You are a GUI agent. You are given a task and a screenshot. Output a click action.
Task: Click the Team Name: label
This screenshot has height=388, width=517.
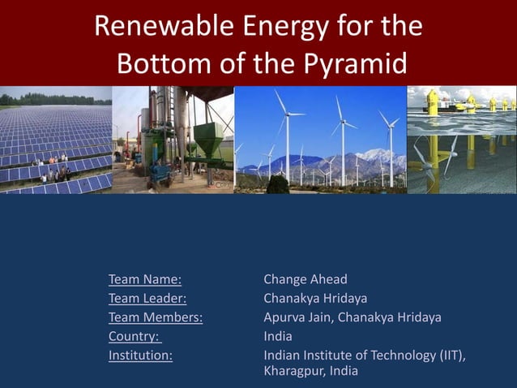(145, 280)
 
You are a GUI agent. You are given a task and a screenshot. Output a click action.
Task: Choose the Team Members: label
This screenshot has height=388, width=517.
(156, 317)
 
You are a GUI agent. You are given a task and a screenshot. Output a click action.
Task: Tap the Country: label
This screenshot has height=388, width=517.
(135, 336)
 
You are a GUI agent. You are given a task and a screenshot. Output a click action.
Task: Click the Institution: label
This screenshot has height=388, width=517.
(140, 355)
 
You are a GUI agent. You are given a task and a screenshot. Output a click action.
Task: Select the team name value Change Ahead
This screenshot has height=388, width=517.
(305, 280)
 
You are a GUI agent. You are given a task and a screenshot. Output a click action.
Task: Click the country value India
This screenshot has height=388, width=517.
(278, 336)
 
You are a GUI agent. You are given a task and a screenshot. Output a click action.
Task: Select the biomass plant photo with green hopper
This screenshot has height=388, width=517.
(173, 140)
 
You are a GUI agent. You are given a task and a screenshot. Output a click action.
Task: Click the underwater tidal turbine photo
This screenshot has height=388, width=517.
(461, 140)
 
